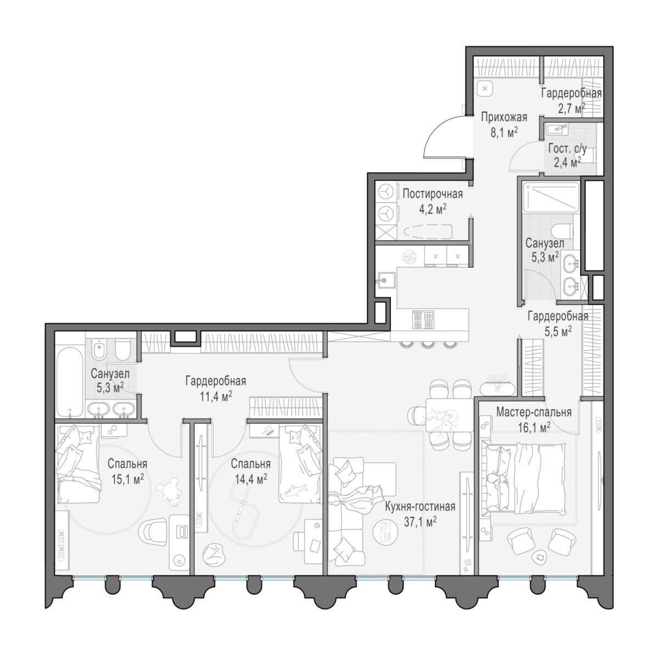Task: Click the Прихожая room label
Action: tap(504, 118)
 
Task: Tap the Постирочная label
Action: tap(433, 194)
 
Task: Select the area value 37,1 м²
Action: tap(420, 522)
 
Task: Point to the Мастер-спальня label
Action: tap(534, 412)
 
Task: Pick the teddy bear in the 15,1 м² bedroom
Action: tap(169, 493)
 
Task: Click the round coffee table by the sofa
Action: tap(386, 532)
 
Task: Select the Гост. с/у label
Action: tap(567, 148)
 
